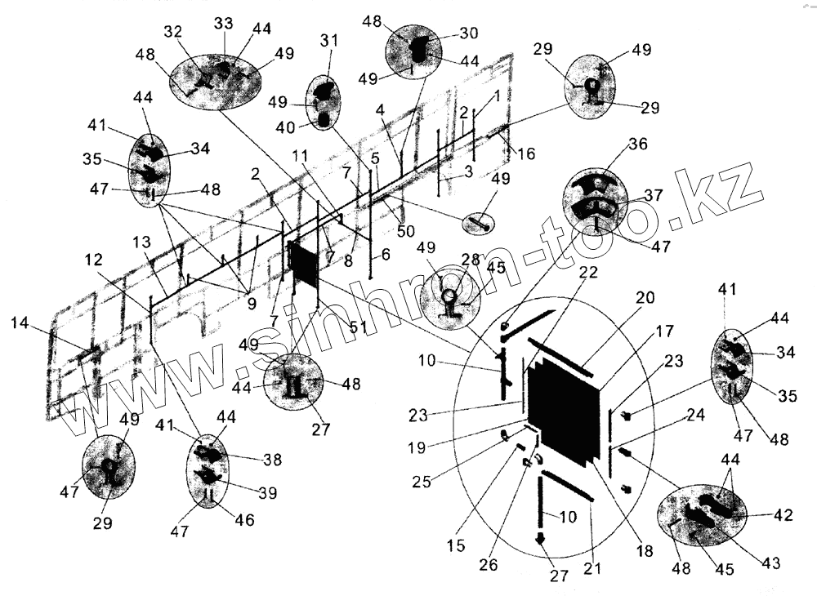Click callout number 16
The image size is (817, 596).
coord(528,153)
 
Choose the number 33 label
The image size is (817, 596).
coord(222,24)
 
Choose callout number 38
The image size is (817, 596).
coord(272,460)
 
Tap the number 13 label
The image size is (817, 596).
coord(141,242)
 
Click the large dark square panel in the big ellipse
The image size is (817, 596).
coord(565,411)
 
